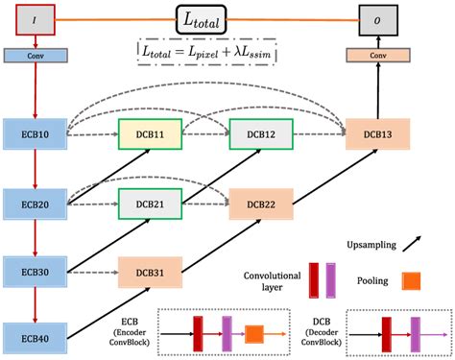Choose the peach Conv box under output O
pos(378,56)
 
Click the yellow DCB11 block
pos(149,134)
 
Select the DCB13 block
pos(377,134)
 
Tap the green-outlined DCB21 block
pos(149,204)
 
